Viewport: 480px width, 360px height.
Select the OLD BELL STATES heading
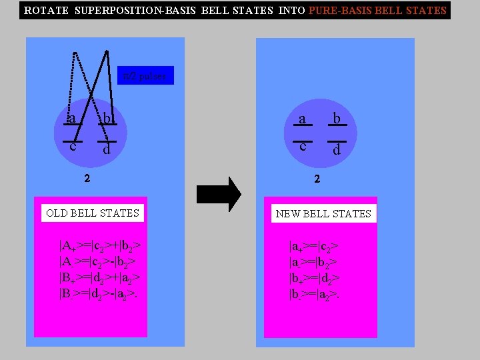[x=93, y=213]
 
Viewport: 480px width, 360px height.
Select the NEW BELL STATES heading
[x=323, y=214]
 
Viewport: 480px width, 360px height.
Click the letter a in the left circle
[x=72, y=119]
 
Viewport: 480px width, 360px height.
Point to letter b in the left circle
[x=105, y=119]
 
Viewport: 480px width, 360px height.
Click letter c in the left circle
[x=72, y=146]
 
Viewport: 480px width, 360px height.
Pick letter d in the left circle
[x=107, y=150]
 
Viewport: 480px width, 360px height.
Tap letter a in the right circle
[x=302, y=119]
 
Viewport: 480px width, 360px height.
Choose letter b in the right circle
[x=337, y=119]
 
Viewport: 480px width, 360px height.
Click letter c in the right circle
[x=302, y=146]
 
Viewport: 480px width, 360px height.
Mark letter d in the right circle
[x=337, y=150]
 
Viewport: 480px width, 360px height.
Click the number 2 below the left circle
[x=87, y=179]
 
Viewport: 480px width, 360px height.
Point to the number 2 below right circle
[x=317, y=179]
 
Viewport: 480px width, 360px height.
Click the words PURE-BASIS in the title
[x=339, y=11]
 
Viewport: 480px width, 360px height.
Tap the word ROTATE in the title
[x=47, y=11]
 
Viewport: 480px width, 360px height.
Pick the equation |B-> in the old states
[x=99, y=293]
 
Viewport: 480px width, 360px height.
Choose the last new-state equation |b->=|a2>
[x=315, y=293]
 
